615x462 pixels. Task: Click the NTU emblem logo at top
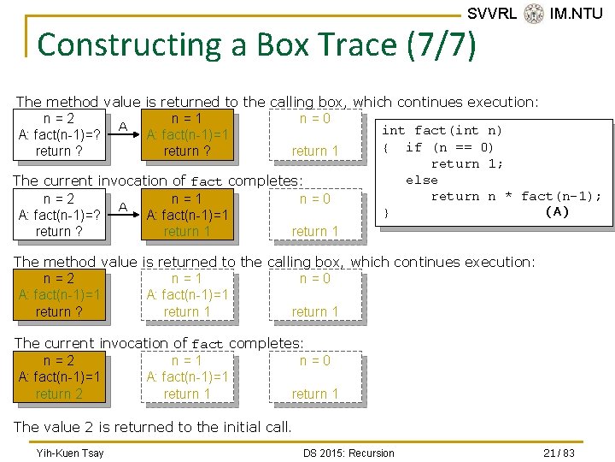[x=534, y=14]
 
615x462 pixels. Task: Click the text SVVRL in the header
[x=492, y=14]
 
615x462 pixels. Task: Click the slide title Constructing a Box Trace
[x=256, y=44]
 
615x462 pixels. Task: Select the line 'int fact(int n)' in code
[x=442, y=131]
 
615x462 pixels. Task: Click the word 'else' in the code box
[x=422, y=180]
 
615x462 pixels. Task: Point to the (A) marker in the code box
[x=557, y=212]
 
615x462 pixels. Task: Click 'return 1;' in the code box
[x=467, y=163]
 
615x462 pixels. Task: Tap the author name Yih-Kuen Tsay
[x=69, y=453]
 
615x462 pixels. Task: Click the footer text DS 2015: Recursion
[x=348, y=453]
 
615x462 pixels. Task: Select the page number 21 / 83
[x=559, y=453]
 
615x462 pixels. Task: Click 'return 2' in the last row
[x=59, y=394]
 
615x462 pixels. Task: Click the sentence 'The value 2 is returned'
[x=152, y=426]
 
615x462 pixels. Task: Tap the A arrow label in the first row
[x=123, y=127]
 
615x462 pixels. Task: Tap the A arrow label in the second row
[x=123, y=207]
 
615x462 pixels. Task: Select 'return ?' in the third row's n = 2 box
[x=59, y=312]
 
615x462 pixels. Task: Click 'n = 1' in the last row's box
[x=187, y=361]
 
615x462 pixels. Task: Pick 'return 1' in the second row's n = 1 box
[x=187, y=232]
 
